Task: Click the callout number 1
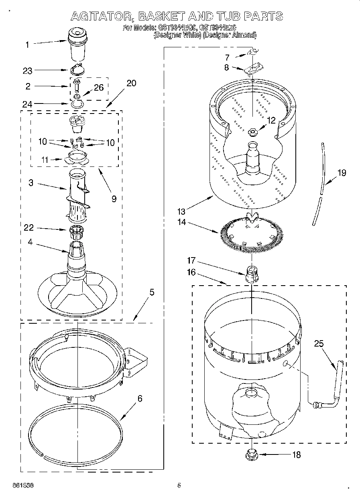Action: click(27, 45)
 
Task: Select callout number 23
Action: click(27, 71)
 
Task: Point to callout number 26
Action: click(99, 87)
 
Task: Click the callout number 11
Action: click(45, 160)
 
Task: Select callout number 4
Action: click(31, 242)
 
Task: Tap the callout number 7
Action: click(227, 57)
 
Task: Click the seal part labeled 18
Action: click(251, 454)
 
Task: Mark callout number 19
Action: click(342, 173)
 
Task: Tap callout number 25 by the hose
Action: click(319, 343)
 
